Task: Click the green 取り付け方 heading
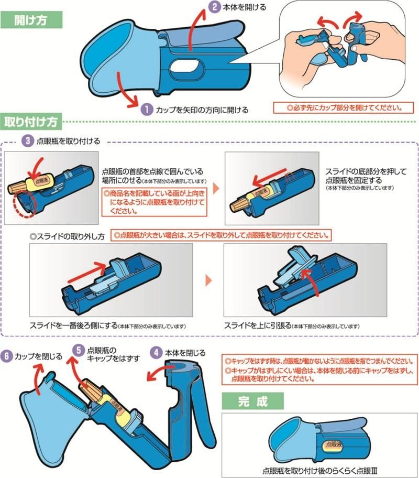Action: [x=31, y=121]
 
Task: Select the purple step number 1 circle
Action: [x=148, y=110]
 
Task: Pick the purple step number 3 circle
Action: [x=28, y=141]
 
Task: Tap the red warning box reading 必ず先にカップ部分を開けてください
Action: [x=344, y=108]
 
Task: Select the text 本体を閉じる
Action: [x=185, y=353]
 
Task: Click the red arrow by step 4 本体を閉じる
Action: [x=159, y=373]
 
